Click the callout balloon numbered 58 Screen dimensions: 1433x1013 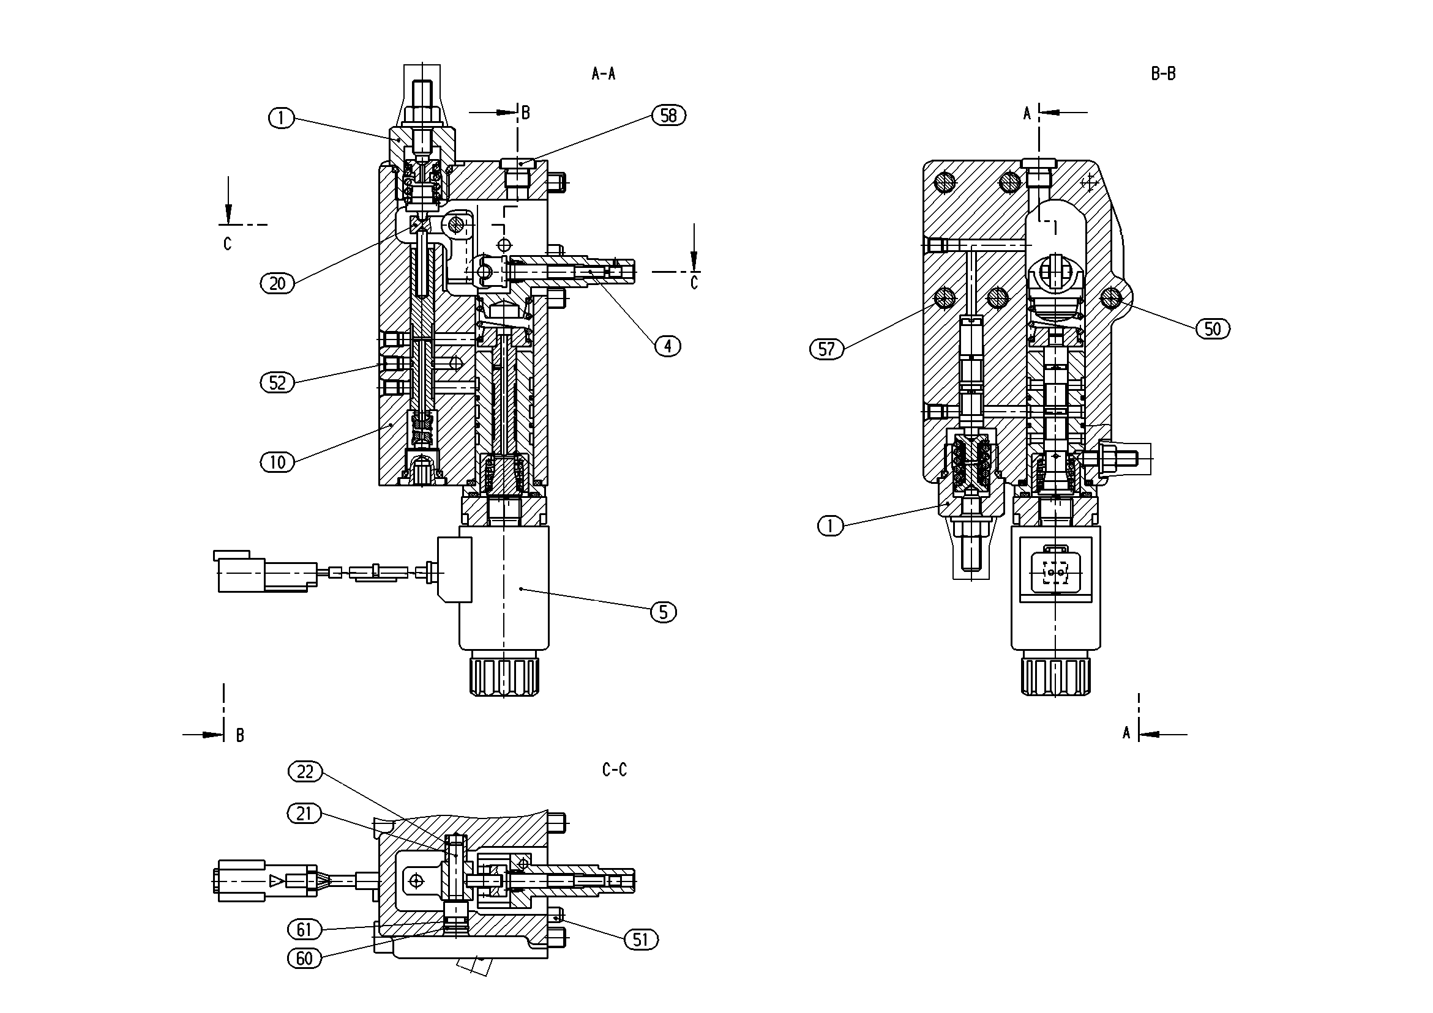click(x=668, y=116)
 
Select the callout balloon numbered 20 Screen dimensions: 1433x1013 click(x=277, y=284)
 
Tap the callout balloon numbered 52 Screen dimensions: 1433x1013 click(x=277, y=382)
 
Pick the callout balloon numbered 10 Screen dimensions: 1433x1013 click(x=277, y=462)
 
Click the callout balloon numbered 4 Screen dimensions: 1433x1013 click(x=668, y=346)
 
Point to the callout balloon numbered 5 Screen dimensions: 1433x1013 click(x=664, y=612)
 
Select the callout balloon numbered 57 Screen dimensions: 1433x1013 click(x=826, y=349)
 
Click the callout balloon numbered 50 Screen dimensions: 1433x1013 click(x=1213, y=328)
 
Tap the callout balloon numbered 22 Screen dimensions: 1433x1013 click(x=305, y=771)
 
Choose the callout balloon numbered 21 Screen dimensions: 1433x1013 click(x=305, y=814)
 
